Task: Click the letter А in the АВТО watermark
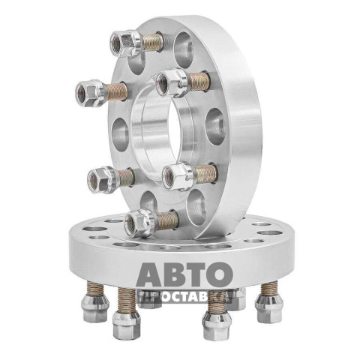150,274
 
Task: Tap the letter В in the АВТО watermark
175,274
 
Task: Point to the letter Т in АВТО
196,274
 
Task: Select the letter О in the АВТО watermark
220,274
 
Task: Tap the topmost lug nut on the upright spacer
127,43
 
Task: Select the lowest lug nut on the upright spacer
141,223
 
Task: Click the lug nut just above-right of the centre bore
172,82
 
